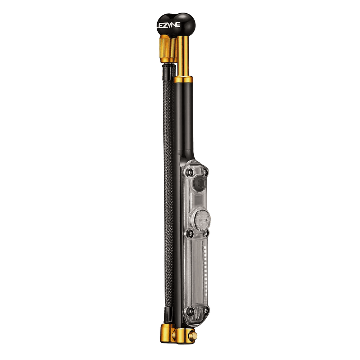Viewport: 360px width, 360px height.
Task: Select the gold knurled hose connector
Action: tap(168, 49)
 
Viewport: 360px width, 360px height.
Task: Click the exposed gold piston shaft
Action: tap(184, 56)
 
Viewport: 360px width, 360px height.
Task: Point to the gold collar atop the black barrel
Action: tap(183, 80)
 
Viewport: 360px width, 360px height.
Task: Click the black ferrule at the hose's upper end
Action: tap(169, 72)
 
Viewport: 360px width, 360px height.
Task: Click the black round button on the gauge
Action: tap(199, 183)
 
